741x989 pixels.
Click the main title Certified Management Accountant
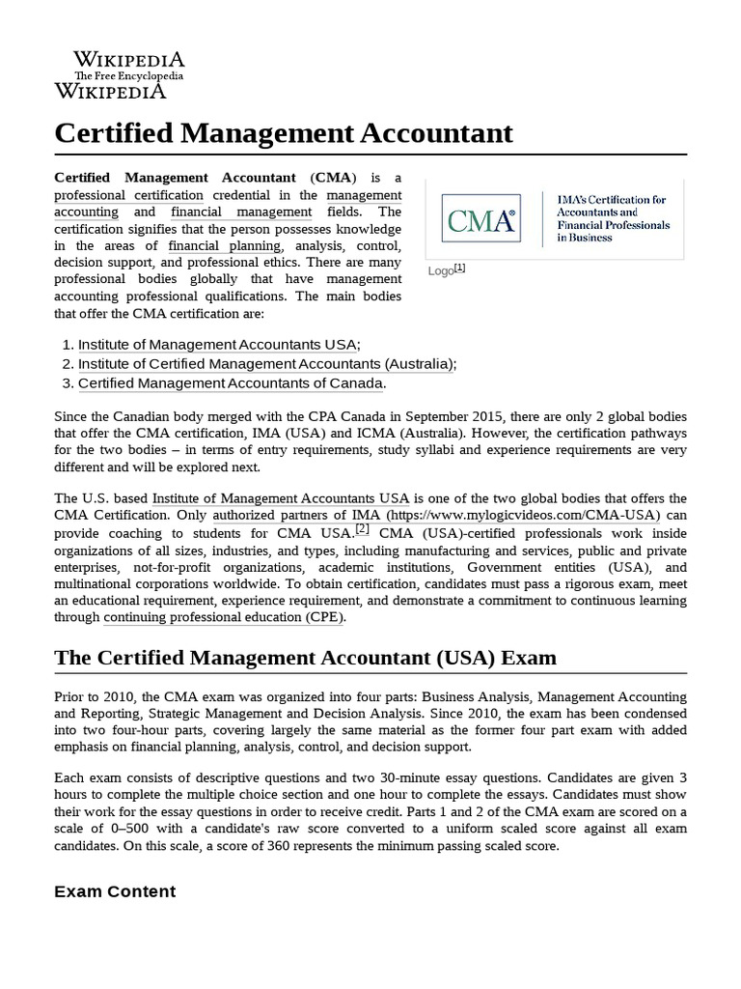284,132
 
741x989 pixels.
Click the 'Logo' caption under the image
441,271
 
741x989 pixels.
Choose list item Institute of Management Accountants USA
218,345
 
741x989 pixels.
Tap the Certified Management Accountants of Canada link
231,383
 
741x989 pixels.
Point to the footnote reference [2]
362,529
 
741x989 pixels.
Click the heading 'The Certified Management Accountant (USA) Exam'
305,658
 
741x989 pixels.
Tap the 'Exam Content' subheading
115,891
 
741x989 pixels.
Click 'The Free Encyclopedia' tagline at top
129,75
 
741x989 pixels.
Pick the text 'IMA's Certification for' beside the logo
612,200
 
